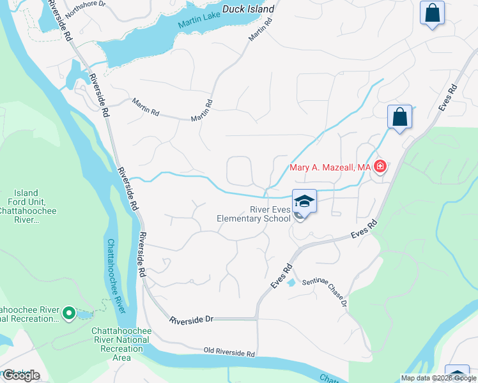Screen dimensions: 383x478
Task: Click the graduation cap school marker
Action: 305,201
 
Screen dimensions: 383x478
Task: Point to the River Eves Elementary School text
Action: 253,214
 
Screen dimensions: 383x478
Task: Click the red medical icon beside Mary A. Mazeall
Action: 380,167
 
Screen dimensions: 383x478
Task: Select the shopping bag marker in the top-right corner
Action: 432,12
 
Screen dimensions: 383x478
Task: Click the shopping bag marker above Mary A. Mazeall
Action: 399,117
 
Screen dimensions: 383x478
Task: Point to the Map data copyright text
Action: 438,378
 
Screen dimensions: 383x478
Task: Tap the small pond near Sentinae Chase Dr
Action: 291,282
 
